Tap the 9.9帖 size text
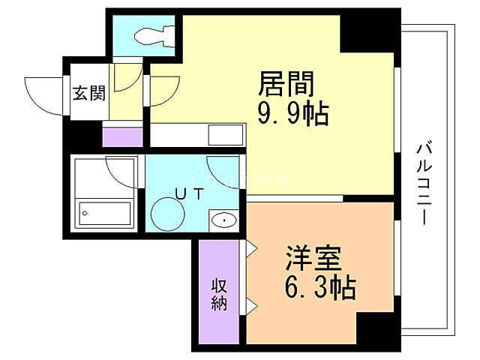tap(293, 114)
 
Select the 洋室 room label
tap(313, 258)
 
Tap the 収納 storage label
tap(218, 294)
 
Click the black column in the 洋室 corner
tap(375, 330)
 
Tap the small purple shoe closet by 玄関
tap(121, 137)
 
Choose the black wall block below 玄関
tap(82, 136)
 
